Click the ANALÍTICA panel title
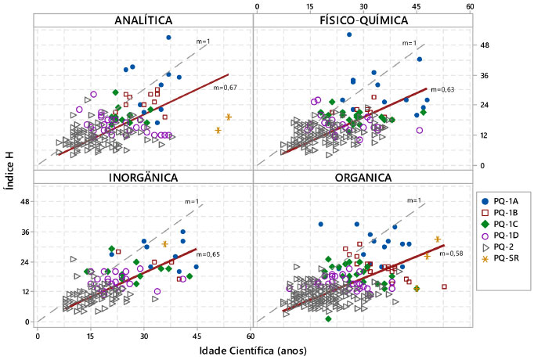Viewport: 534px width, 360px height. (143, 20)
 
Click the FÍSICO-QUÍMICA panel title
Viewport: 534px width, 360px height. (362, 20)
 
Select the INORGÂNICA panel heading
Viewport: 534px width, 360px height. (143, 177)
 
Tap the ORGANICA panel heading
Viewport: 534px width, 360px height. (362, 177)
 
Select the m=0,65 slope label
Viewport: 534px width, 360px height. (207, 254)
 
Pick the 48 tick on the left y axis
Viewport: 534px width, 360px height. (25, 202)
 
